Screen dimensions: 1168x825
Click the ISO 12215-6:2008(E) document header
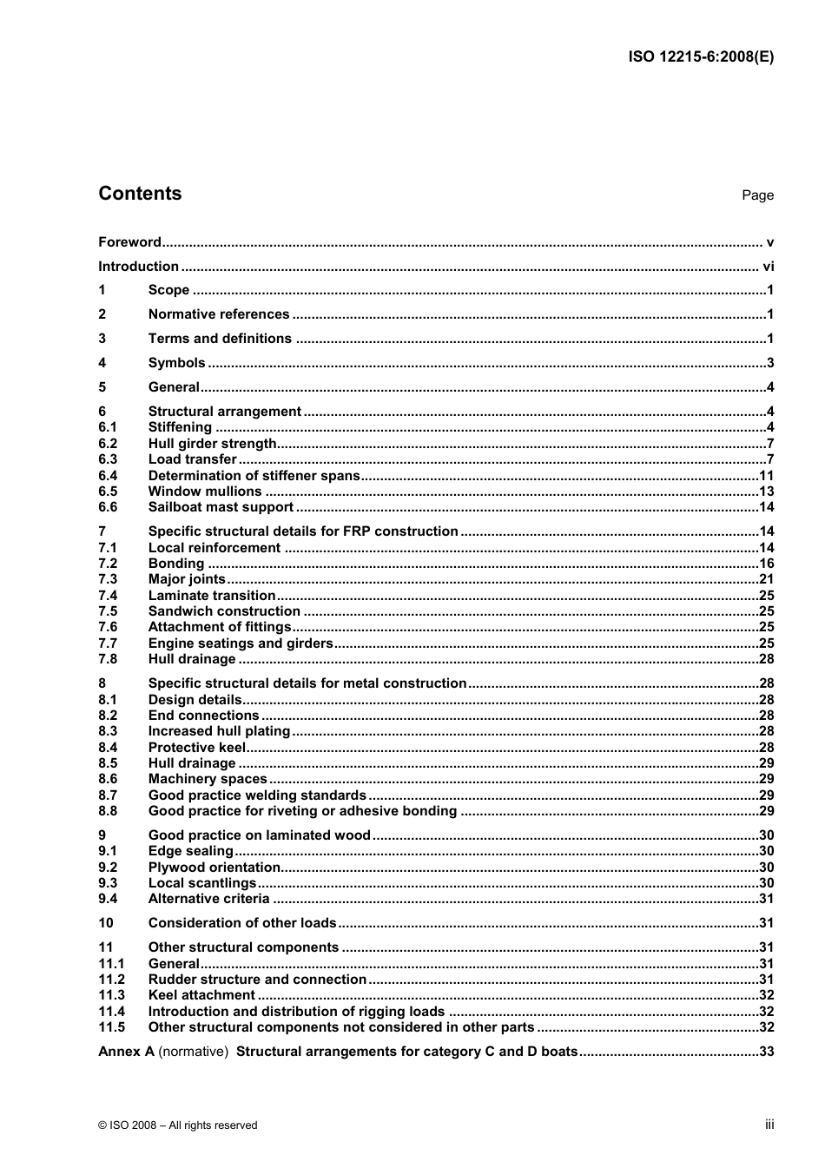[700, 57]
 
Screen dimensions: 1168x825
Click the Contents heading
[140, 194]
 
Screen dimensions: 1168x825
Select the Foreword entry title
[129, 242]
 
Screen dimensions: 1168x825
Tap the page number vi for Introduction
[768, 267]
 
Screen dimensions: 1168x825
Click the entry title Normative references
[219, 314]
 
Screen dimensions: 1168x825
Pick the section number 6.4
[108, 476]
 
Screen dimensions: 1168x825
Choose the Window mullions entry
[205, 492]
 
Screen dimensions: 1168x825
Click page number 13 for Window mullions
[766, 492]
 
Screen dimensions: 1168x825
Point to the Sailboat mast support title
[221, 507]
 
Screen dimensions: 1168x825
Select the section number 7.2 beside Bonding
[108, 564]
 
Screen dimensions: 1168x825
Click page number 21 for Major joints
[766, 579]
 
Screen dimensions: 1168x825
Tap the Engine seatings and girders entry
[241, 643]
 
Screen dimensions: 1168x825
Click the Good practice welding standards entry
[257, 795]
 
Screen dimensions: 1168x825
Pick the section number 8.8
[108, 811]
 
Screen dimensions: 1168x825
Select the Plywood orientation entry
[214, 868]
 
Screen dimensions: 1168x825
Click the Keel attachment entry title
[201, 995]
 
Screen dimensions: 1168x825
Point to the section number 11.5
[111, 1027]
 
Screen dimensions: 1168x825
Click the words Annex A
[126, 1052]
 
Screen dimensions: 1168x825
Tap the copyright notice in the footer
[178, 1125]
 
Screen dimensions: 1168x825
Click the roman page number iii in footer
[769, 1125]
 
